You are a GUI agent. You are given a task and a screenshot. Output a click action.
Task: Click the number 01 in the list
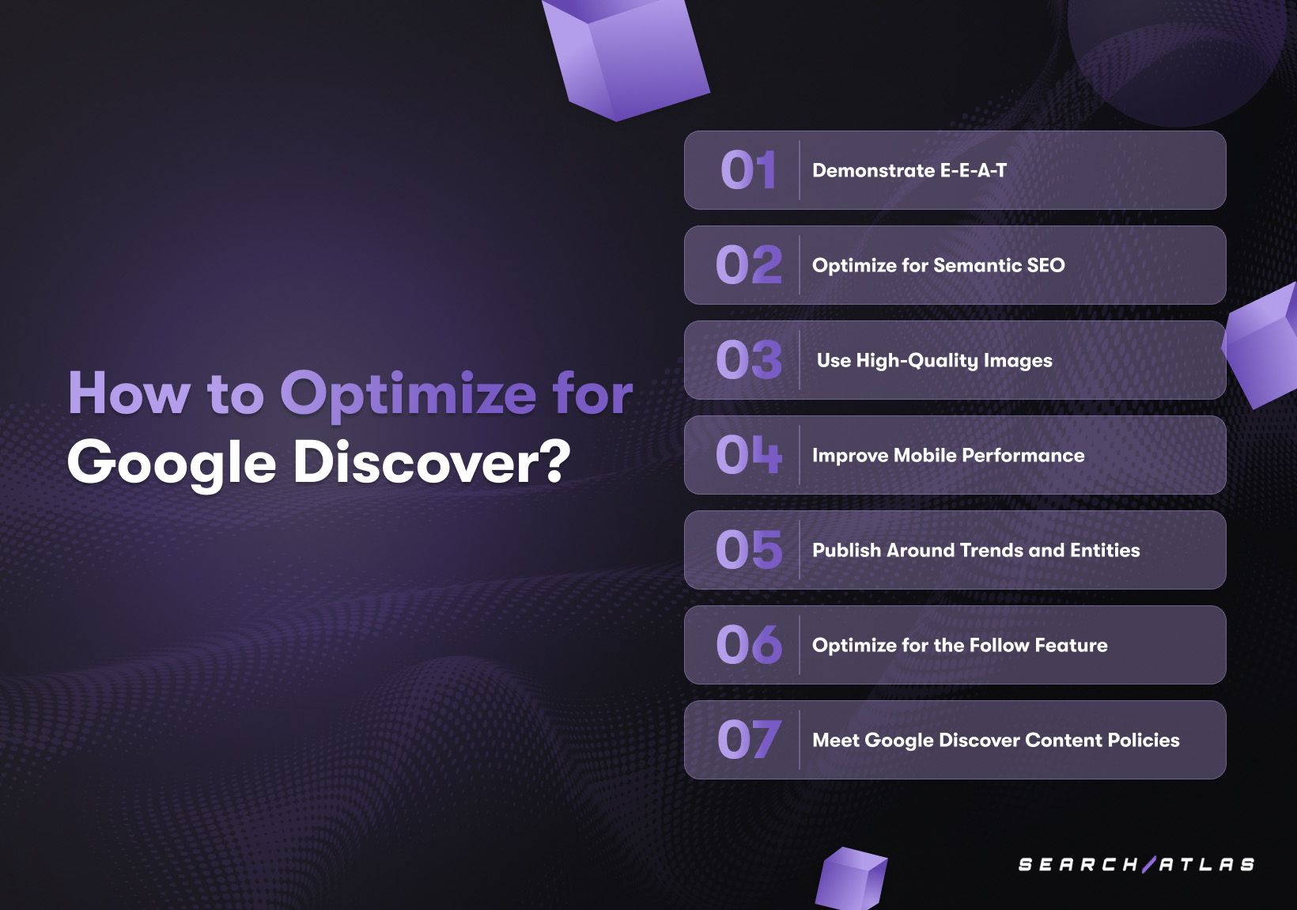748,170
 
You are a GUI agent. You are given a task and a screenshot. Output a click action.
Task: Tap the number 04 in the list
748,455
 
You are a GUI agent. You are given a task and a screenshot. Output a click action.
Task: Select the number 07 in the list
748,740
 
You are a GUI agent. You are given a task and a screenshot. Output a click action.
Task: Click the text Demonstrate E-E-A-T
909,170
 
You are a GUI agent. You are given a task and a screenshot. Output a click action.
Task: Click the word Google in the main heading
172,464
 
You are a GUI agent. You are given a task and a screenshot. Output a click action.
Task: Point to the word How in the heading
129,392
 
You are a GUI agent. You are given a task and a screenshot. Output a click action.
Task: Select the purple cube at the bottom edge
851,879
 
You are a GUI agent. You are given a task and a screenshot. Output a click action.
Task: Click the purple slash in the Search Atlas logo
1149,864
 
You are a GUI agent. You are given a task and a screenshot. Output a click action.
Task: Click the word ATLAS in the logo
1207,864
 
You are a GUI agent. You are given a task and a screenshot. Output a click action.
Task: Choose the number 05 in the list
748,550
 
